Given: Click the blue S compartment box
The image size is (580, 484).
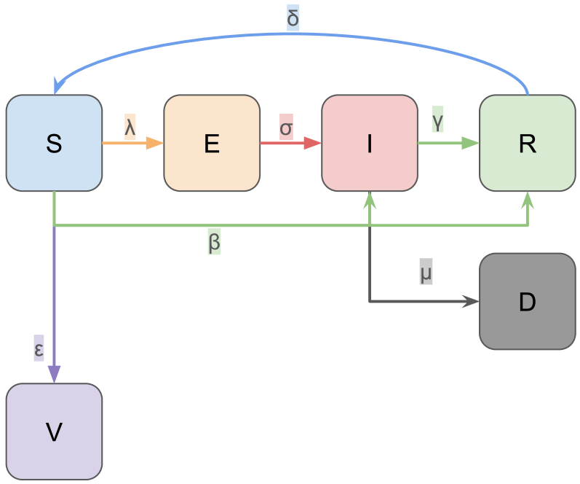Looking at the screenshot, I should point(54,144).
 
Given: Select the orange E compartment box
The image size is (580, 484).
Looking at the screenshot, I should point(212,144).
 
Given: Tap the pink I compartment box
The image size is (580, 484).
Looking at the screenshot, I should point(370,144).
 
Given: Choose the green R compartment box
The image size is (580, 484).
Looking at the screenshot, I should point(527,144).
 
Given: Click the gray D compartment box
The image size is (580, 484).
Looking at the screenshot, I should point(527,301).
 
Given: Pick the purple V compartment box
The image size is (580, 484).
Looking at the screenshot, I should point(54,432).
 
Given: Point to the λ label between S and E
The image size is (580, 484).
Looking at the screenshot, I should point(130,126).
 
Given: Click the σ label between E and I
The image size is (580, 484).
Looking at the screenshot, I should point(286,127).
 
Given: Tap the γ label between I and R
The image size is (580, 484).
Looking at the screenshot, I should point(437,120).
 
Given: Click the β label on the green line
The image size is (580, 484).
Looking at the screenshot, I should point(214,242).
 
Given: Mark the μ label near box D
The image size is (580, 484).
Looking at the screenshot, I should point(426,273).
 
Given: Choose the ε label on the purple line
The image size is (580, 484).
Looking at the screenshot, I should point(39,349).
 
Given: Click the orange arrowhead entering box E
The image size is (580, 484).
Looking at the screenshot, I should point(155,144).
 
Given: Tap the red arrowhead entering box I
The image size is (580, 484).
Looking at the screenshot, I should point(313,144).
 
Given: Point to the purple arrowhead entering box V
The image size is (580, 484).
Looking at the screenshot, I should point(54,374).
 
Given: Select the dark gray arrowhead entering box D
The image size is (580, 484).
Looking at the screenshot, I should point(471,301).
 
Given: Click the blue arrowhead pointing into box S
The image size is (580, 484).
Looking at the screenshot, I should point(57,85).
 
